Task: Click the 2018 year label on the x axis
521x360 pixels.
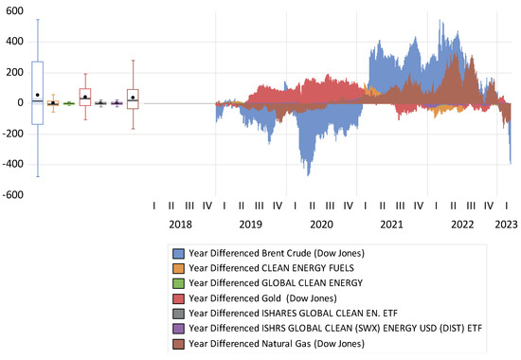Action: [180, 225]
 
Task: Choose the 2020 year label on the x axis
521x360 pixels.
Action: [321, 225]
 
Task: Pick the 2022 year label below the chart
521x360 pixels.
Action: [462, 225]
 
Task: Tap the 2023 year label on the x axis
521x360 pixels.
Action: [507, 225]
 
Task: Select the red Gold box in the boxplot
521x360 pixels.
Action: [85, 96]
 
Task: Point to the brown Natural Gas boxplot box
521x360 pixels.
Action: [133, 99]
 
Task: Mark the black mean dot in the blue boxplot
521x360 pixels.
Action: [37, 95]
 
